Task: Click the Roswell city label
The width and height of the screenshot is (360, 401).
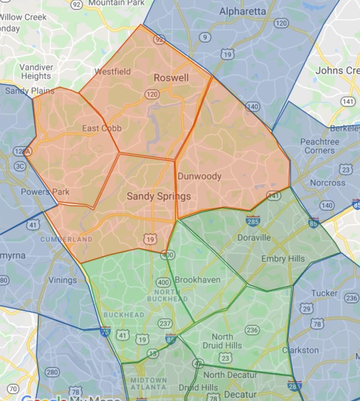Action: coord(171,77)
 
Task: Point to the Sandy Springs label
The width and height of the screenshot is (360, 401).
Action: coord(159,196)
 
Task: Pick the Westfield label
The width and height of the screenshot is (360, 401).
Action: coord(113,71)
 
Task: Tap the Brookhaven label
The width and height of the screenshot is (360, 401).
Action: coord(197,280)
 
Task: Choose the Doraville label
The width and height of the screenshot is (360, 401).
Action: coord(254,238)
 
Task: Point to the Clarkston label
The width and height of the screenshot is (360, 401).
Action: coord(300,350)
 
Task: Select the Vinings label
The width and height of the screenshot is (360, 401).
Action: coord(62,280)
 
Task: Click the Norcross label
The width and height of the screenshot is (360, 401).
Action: coord(327,182)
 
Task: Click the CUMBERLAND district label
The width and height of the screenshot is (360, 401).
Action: coord(66,239)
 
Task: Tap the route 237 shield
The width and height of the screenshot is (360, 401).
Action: coord(165,324)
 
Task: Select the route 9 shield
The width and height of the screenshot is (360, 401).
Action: coord(204,38)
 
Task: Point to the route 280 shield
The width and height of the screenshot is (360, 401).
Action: coord(52,372)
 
